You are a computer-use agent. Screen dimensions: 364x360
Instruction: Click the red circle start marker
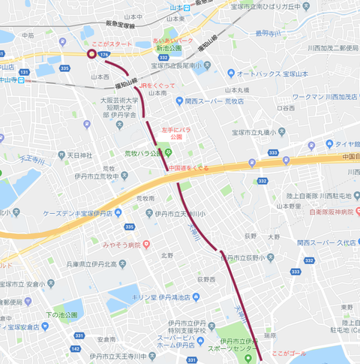tap(91, 54)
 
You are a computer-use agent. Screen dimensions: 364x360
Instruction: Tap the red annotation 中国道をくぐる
tap(187, 167)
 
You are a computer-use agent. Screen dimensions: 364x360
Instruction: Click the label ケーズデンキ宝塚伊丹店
tap(78, 214)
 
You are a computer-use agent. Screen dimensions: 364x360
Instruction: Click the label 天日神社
tap(79, 155)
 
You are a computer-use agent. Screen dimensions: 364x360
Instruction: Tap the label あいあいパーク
tap(173, 38)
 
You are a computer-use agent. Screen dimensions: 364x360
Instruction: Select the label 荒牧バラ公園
tap(142, 153)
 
